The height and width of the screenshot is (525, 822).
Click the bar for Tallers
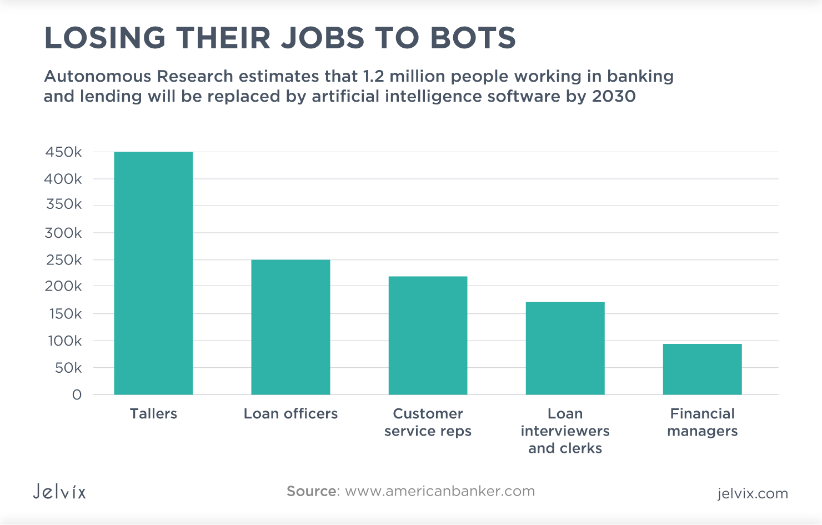click(153, 273)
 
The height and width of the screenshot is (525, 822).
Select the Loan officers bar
click(290, 327)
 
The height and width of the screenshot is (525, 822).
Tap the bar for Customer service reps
click(428, 336)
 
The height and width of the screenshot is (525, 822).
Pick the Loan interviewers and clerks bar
click(565, 348)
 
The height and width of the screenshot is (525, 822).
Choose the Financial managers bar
click(702, 369)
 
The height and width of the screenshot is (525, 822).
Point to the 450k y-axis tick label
click(63, 152)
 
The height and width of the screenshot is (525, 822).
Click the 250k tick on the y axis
click(63, 260)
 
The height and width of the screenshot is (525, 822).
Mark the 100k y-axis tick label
click(64, 341)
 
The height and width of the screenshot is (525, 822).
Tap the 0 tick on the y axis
click(77, 395)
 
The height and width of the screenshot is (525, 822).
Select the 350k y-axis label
click(63, 204)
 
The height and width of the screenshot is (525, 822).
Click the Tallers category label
click(153, 413)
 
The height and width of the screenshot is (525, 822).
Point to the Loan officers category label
click(290, 413)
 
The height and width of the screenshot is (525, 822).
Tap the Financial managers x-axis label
click(702, 422)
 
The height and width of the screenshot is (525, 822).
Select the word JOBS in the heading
click(323, 38)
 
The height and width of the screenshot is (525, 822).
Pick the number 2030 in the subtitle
click(614, 96)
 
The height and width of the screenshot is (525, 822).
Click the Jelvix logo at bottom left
click(59, 492)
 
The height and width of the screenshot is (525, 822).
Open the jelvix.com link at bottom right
click(752, 493)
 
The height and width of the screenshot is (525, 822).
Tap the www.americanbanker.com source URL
click(439, 491)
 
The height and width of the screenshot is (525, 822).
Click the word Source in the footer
click(312, 491)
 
